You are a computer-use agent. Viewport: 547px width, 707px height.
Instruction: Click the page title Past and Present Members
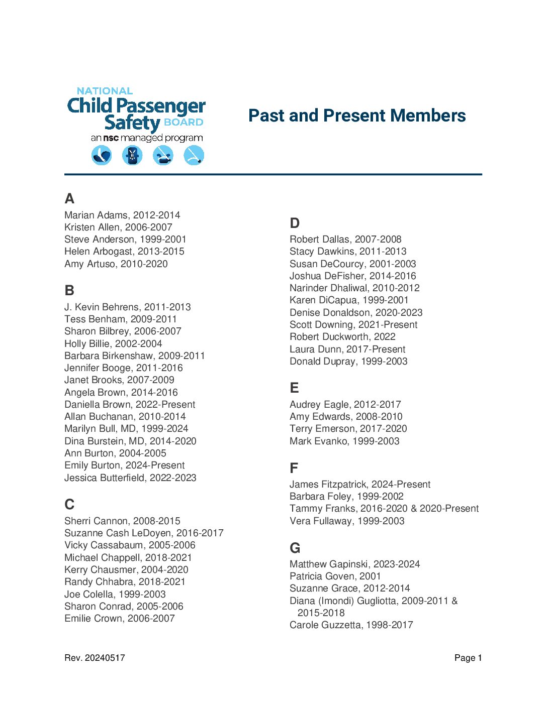tap(357, 115)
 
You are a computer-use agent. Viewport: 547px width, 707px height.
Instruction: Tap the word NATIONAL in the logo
tap(105, 91)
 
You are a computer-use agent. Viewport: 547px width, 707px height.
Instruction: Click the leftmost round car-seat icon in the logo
tap(102, 155)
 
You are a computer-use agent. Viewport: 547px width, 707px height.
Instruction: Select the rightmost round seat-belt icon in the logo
tap(194, 155)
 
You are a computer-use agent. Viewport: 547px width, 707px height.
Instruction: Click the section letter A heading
tap(69, 198)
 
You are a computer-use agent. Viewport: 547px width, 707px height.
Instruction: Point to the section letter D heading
tap(295, 223)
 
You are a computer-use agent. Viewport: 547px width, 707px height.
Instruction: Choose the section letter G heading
tap(295, 548)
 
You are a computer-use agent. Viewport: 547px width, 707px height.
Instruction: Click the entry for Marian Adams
tap(122, 215)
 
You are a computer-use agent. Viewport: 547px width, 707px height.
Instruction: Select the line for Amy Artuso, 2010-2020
tap(116, 264)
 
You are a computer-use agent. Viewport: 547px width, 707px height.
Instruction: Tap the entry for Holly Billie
tap(113, 343)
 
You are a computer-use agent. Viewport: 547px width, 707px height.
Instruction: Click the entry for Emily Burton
tap(124, 465)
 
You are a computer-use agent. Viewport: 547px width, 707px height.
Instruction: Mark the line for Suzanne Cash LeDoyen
tap(144, 533)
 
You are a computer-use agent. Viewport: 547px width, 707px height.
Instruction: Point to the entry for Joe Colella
tap(115, 594)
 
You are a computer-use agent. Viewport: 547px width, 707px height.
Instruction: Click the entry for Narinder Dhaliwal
tap(354, 288)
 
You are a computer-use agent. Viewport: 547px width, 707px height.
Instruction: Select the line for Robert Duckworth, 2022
tap(342, 336)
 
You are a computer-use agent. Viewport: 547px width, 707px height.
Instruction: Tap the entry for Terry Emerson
tap(348, 428)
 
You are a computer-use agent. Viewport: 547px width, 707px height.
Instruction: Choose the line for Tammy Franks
tap(384, 508)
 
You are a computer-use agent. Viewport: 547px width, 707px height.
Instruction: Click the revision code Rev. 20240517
tap(95, 658)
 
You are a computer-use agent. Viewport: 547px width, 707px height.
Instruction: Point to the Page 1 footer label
tap(468, 658)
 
